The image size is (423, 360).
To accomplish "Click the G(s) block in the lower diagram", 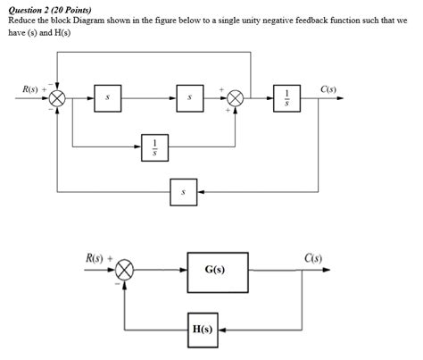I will [x=214, y=269].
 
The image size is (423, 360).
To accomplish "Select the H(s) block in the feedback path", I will [x=202, y=329].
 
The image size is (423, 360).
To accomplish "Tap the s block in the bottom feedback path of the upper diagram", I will [x=183, y=192].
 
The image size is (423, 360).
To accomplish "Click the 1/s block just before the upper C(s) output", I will [x=287, y=101].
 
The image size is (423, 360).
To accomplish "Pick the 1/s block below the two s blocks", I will [x=153, y=146].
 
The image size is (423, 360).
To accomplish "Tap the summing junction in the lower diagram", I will [x=126, y=269].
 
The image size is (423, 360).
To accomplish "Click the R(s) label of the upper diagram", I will [x=33, y=89].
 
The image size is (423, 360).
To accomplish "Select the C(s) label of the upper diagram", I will [x=328, y=88].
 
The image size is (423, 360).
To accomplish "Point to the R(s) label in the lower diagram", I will [x=95, y=258].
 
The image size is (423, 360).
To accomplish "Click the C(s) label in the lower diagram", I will [x=313, y=258].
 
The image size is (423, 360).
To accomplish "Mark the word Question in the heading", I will [x=24, y=8].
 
